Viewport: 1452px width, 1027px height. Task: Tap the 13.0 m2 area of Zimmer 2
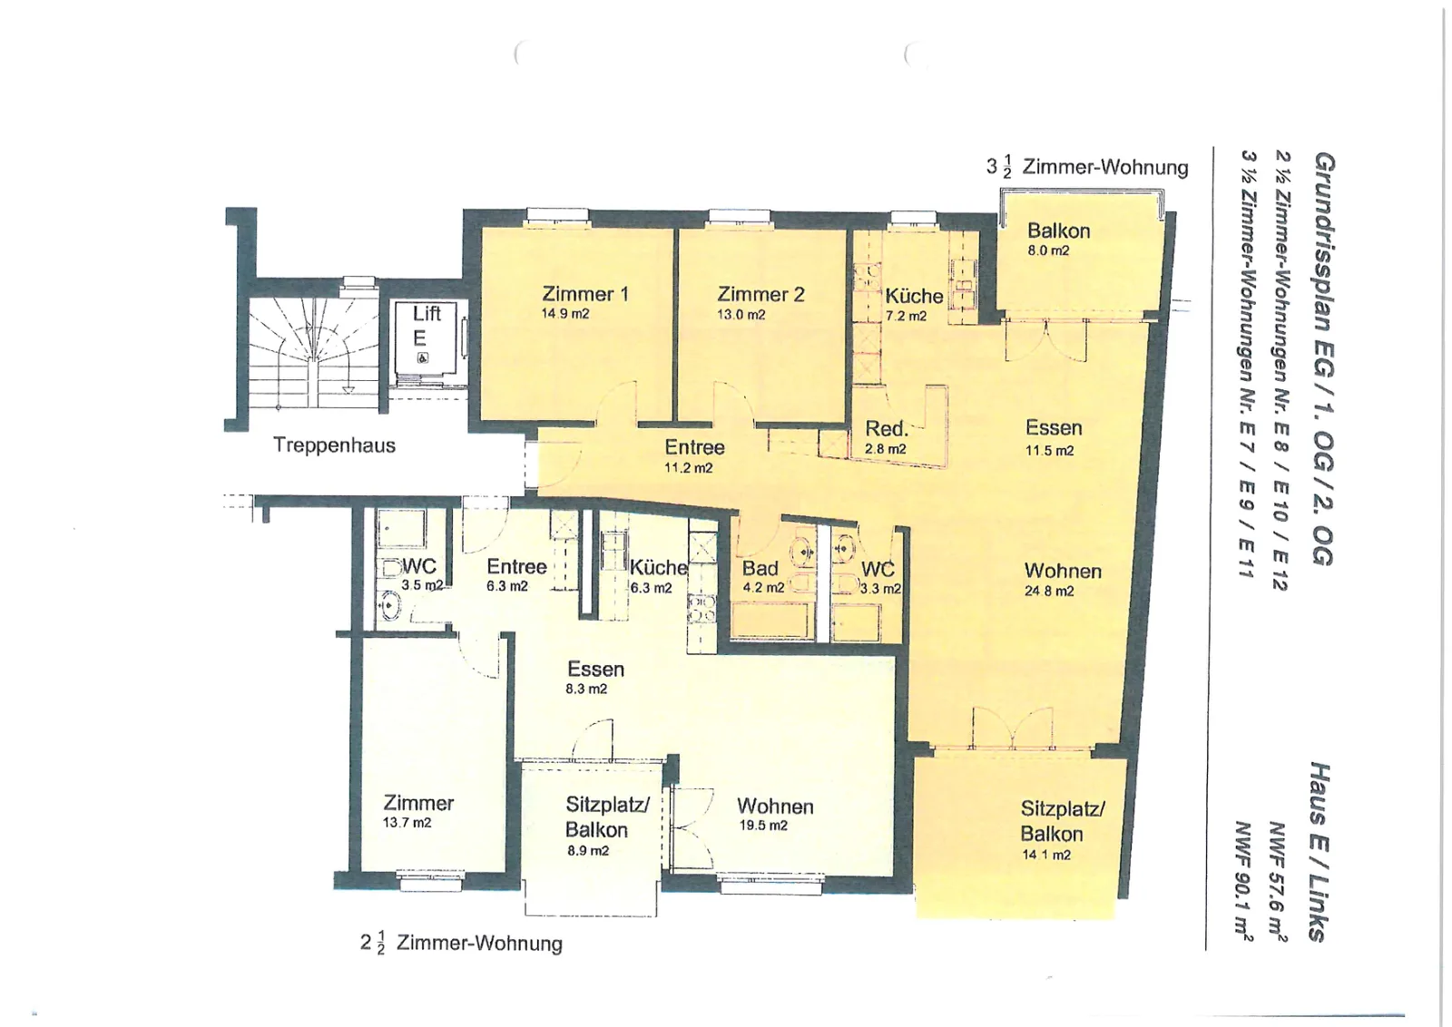(x=741, y=315)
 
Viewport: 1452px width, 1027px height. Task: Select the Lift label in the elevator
(x=427, y=314)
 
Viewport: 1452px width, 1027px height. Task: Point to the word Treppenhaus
(x=334, y=445)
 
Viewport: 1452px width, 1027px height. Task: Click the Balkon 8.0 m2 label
(x=1058, y=240)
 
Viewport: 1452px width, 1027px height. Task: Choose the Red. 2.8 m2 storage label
(x=886, y=437)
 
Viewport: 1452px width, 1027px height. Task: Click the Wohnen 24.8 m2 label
(x=1063, y=581)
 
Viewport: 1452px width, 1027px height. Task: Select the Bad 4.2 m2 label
(x=763, y=577)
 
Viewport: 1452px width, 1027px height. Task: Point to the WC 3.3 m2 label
(x=879, y=578)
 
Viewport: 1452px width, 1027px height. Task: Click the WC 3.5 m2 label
(x=421, y=574)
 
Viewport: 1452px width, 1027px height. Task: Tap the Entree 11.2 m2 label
(x=694, y=457)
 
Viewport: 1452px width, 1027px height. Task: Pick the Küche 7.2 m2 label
(x=914, y=305)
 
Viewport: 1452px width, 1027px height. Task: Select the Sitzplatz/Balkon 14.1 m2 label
(x=1062, y=831)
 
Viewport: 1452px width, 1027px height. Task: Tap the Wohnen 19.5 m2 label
(x=775, y=816)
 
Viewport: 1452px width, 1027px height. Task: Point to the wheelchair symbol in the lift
(x=422, y=357)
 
